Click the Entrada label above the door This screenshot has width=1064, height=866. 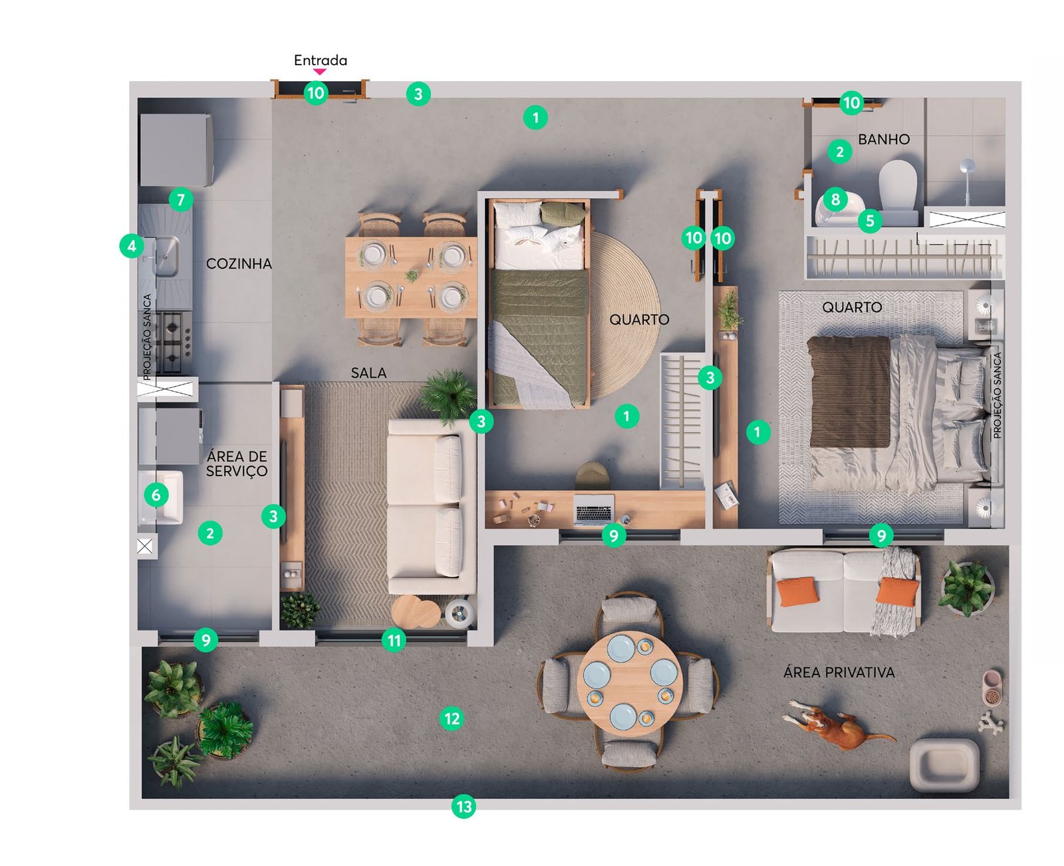click(x=321, y=61)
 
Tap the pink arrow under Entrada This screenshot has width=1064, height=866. click(x=320, y=72)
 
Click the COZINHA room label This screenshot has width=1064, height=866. click(x=239, y=263)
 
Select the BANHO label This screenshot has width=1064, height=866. click(x=884, y=139)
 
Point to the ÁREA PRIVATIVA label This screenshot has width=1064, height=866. click(x=839, y=672)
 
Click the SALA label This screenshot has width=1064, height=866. click(x=368, y=372)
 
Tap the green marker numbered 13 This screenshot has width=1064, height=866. click(x=464, y=807)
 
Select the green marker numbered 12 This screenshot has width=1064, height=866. click(x=452, y=718)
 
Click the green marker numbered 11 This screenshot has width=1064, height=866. click(x=394, y=640)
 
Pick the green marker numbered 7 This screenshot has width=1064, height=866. click(x=181, y=200)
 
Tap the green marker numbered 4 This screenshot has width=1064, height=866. click(x=132, y=246)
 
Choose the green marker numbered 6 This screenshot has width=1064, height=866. click(x=156, y=496)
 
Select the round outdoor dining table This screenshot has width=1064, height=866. click(x=630, y=682)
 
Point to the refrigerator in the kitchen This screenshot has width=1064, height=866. click(x=176, y=150)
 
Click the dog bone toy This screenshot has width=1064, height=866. click(x=991, y=722)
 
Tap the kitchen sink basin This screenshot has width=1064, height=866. click(x=166, y=256)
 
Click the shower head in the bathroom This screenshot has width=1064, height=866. click(x=967, y=166)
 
